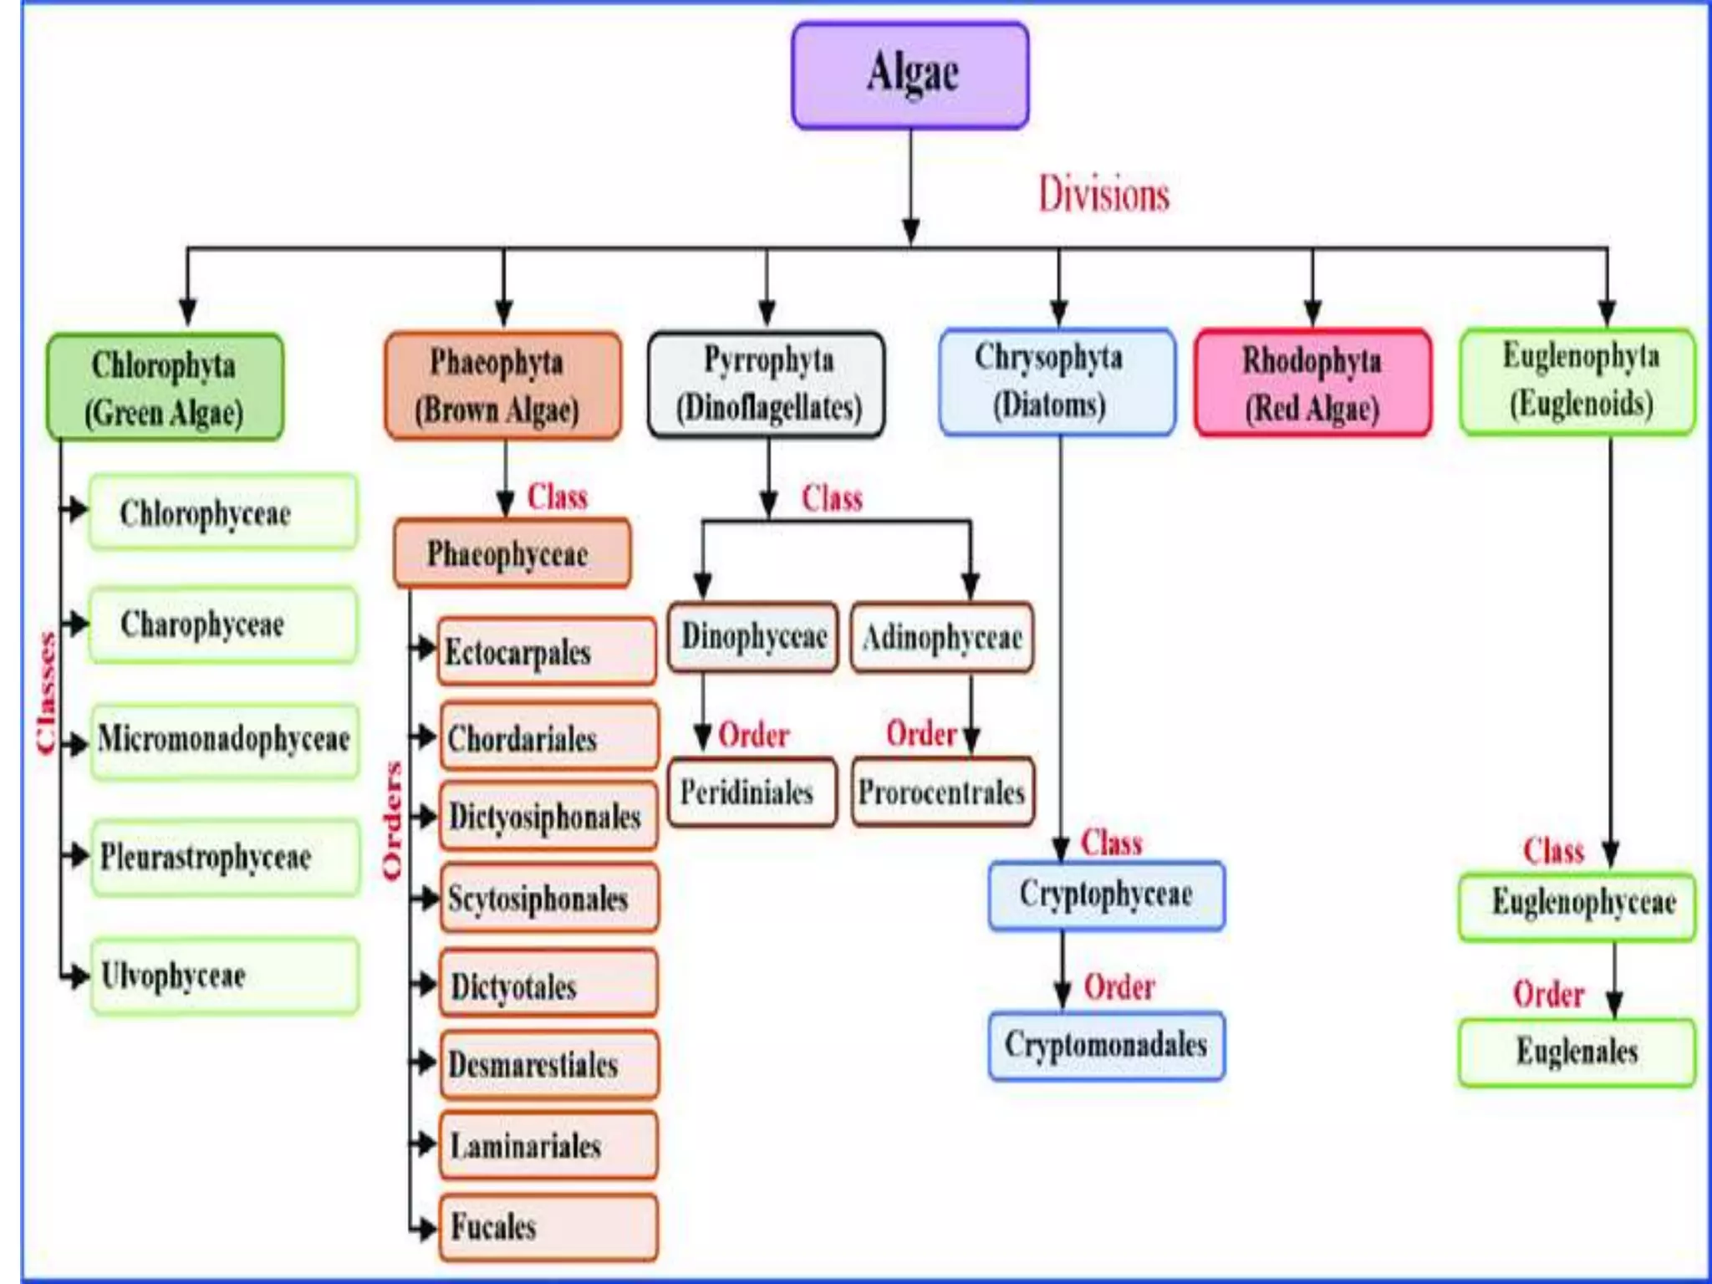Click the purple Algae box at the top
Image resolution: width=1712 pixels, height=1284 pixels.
pos(910,75)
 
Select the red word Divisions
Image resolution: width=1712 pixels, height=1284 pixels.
pos(1103,194)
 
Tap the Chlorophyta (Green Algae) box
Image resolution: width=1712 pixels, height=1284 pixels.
pos(165,387)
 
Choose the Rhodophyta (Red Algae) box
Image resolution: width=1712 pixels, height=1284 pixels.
pos(1312,383)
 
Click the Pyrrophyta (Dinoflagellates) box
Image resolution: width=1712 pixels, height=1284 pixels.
pos(767,384)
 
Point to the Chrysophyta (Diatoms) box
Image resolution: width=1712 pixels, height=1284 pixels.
pos(1057,382)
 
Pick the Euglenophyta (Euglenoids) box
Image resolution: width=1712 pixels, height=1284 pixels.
pos(1577,381)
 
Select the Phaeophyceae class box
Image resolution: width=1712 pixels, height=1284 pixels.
pos(512,553)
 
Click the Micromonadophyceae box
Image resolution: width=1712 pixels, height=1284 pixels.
pos(224,741)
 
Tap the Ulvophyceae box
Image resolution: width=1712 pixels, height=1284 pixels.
pos(224,976)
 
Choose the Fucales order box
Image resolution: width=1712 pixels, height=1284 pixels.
pos(548,1226)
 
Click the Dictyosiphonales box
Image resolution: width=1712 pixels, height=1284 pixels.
pos(548,817)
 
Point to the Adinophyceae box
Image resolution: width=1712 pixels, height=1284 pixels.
pos(942,638)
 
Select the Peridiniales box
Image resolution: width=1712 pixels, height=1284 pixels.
pos(752,792)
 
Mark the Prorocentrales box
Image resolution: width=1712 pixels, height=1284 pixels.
pos(942,792)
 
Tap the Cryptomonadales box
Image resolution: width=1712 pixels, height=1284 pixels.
pos(1106,1045)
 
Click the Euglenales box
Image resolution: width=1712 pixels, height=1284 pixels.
pos(1577,1052)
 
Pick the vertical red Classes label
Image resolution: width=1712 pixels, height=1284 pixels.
pos(47,694)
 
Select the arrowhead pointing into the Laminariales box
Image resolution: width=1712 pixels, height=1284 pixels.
pos(427,1144)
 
